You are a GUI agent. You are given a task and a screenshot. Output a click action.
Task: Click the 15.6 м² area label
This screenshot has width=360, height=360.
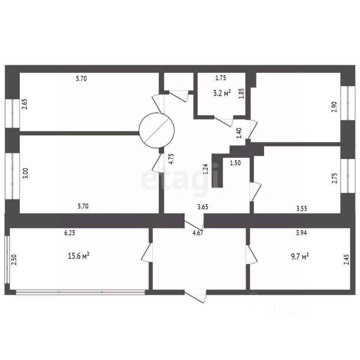[78, 256]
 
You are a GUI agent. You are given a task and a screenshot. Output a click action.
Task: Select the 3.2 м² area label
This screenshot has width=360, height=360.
[222, 93]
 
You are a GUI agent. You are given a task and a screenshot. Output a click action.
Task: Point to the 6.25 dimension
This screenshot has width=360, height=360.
[70, 233]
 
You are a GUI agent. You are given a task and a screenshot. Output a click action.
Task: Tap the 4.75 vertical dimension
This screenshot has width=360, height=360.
[171, 160]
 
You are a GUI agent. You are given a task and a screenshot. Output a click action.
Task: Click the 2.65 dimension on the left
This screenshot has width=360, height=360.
[24, 103]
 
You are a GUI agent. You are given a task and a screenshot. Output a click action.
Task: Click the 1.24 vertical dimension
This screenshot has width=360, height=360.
[205, 169]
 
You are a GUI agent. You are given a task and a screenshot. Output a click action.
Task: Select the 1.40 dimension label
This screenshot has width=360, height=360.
[239, 133]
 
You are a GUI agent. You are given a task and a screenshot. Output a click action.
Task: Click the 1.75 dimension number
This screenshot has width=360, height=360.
[220, 78]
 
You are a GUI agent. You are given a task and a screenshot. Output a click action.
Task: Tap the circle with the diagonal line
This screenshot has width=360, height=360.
[156, 130]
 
